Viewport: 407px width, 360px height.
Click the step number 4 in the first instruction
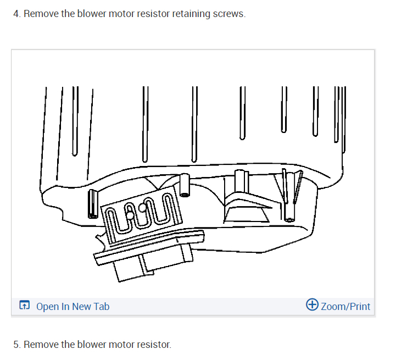(x=16, y=14)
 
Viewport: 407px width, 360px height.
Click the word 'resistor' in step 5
(x=153, y=345)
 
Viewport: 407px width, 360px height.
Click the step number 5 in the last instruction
(x=16, y=345)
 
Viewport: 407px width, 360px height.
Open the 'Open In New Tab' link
(x=73, y=306)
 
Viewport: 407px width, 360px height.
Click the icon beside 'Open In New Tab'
(x=25, y=306)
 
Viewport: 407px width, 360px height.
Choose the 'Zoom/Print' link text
(x=345, y=306)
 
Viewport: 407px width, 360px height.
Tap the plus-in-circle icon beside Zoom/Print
(x=311, y=306)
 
